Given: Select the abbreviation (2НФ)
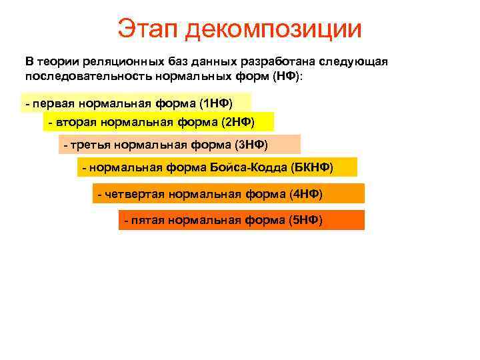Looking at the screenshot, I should (237, 123).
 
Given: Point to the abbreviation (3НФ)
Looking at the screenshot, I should (251, 145).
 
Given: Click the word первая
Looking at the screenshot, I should (53, 104).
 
